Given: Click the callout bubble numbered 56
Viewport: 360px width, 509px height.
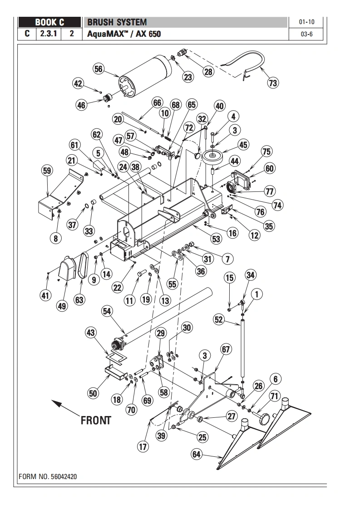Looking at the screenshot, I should (x=99, y=69).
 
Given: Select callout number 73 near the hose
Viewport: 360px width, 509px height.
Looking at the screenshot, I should (x=272, y=83).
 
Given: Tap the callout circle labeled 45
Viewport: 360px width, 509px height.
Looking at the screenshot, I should (x=243, y=145).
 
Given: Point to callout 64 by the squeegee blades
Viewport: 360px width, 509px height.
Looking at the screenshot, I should (x=197, y=455).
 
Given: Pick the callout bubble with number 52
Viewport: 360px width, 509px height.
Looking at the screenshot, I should (x=219, y=319).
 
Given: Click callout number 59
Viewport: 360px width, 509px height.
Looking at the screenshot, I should (x=47, y=171).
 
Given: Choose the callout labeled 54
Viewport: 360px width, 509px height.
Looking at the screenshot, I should (x=107, y=311).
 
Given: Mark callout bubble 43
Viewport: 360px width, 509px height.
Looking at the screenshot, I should (x=91, y=333).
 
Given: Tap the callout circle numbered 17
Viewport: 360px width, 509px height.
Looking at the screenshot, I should (x=143, y=447).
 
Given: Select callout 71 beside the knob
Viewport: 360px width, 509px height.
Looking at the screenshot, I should (x=274, y=396).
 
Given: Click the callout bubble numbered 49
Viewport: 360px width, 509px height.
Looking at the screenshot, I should (x=62, y=306).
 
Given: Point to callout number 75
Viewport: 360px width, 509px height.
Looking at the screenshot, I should (x=266, y=152).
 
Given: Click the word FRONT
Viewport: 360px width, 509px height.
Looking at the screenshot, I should (x=96, y=421).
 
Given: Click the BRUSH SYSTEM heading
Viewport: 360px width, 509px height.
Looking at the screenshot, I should (x=117, y=22).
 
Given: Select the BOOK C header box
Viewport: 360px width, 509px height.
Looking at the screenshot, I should (x=50, y=22).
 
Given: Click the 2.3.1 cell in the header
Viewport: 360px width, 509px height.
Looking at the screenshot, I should (x=49, y=34).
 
